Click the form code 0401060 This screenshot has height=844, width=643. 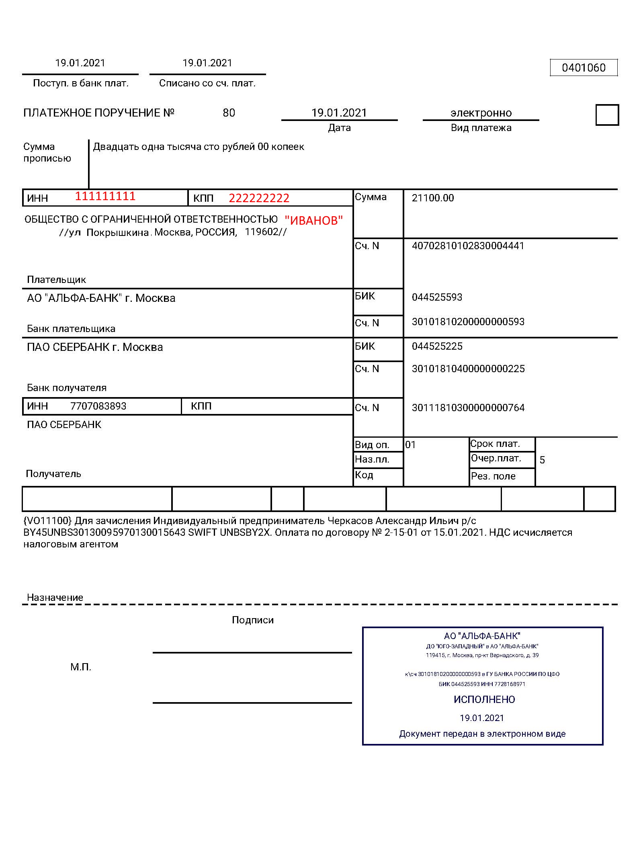tap(583, 68)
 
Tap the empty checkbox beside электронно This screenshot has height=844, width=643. tap(607, 115)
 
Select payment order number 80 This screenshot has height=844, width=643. tap(229, 113)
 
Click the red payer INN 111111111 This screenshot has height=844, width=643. tap(105, 197)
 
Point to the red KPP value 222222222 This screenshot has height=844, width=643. tap(259, 198)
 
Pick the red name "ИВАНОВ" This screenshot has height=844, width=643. tap(313, 220)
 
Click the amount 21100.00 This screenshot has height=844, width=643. tap(432, 198)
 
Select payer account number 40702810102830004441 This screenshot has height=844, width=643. tap(468, 246)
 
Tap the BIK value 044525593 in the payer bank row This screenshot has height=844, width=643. tap(437, 297)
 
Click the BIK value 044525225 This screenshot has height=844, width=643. tap(437, 346)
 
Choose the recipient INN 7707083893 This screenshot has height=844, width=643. tap(98, 406)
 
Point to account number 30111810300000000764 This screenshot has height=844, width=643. tap(468, 408)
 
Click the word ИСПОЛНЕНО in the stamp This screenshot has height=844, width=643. tap(484, 700)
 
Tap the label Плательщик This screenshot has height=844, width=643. tap(56, 280)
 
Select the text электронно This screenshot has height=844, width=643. tap(481, 113)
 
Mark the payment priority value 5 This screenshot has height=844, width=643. tap(542, 460)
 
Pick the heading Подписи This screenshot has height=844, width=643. tap(252, 620)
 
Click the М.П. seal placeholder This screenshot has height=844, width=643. tap(81, 667)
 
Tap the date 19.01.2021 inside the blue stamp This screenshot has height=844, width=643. tap(481, 718)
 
